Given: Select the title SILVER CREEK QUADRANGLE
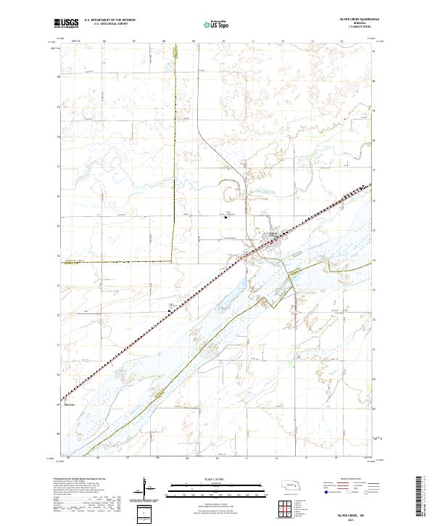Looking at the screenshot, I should [x=352, y=20].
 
